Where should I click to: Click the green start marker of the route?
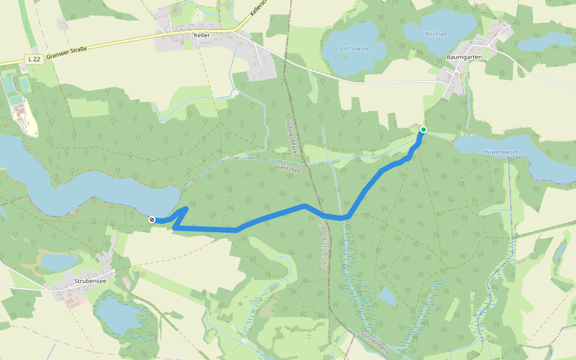point(423,130)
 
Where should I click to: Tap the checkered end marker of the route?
point(152,220)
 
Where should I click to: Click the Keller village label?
point(202,36)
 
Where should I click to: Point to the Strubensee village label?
point(90,280)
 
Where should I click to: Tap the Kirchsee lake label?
point(436,34)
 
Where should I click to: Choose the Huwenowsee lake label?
point(501,152)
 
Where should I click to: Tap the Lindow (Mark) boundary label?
point(292,134)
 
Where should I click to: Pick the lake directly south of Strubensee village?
point(117,315)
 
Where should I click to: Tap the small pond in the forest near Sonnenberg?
point(387,296)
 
